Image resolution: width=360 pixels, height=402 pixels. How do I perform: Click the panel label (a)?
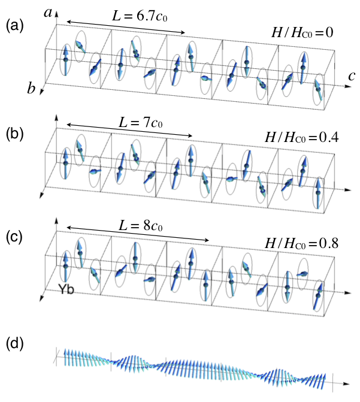coord(14,26)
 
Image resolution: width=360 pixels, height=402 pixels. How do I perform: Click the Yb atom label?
coord(66,289)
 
